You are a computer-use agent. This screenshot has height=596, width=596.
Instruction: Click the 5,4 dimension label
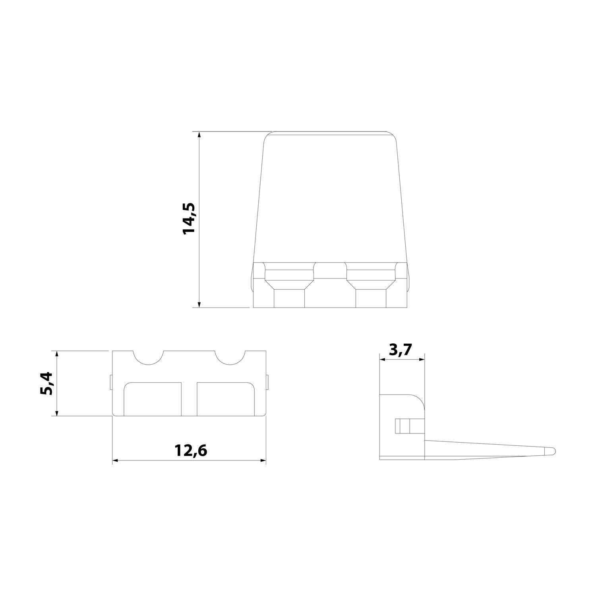tap(48, 383)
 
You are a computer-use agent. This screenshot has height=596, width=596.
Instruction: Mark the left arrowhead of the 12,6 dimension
tap(116, 461)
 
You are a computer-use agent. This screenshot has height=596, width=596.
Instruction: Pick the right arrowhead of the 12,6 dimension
tap(263, 461)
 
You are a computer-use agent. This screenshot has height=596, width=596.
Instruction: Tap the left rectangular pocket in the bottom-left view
tap(153, 399)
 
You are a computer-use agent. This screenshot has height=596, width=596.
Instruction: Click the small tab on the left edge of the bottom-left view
tap(110, 382)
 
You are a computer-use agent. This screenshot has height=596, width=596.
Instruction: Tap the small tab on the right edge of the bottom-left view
tap(267, 382)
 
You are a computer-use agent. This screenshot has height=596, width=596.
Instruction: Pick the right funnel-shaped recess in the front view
tap(371, 282)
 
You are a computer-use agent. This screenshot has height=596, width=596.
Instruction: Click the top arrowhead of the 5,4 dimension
tap(58, 354)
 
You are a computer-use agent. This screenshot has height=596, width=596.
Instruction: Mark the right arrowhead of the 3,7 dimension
tap(422, 360)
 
